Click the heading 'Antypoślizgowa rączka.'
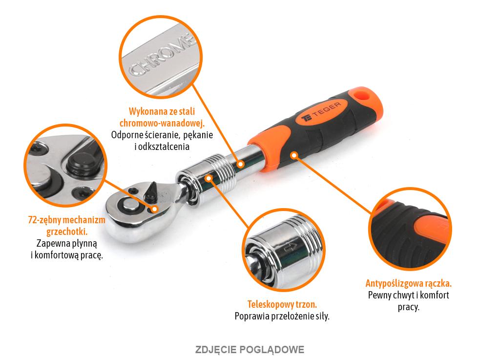pos(408,283)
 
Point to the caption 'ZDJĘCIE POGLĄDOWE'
pos(250,349)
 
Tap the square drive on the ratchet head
pos(130,204)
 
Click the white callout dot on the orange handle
pos(294,155)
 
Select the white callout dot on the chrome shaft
pos(240,165)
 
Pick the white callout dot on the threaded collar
pos(209,179)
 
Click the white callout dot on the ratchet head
pos(155,209)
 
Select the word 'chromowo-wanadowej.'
pos(162,124)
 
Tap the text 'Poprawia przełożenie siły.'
pos(282,316)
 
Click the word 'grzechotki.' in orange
pos(67,231)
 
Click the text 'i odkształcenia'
pos(162,147)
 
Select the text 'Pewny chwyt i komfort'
pos(408,295)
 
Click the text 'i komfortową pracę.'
pos(67,254)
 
